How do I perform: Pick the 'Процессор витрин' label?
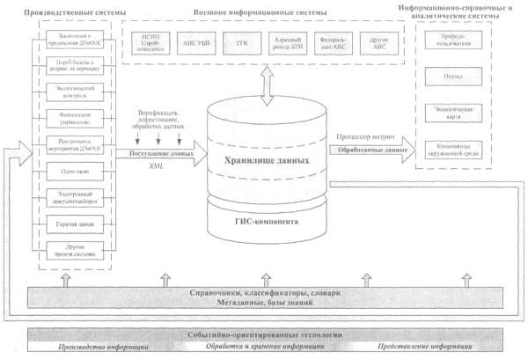point(362,138)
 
